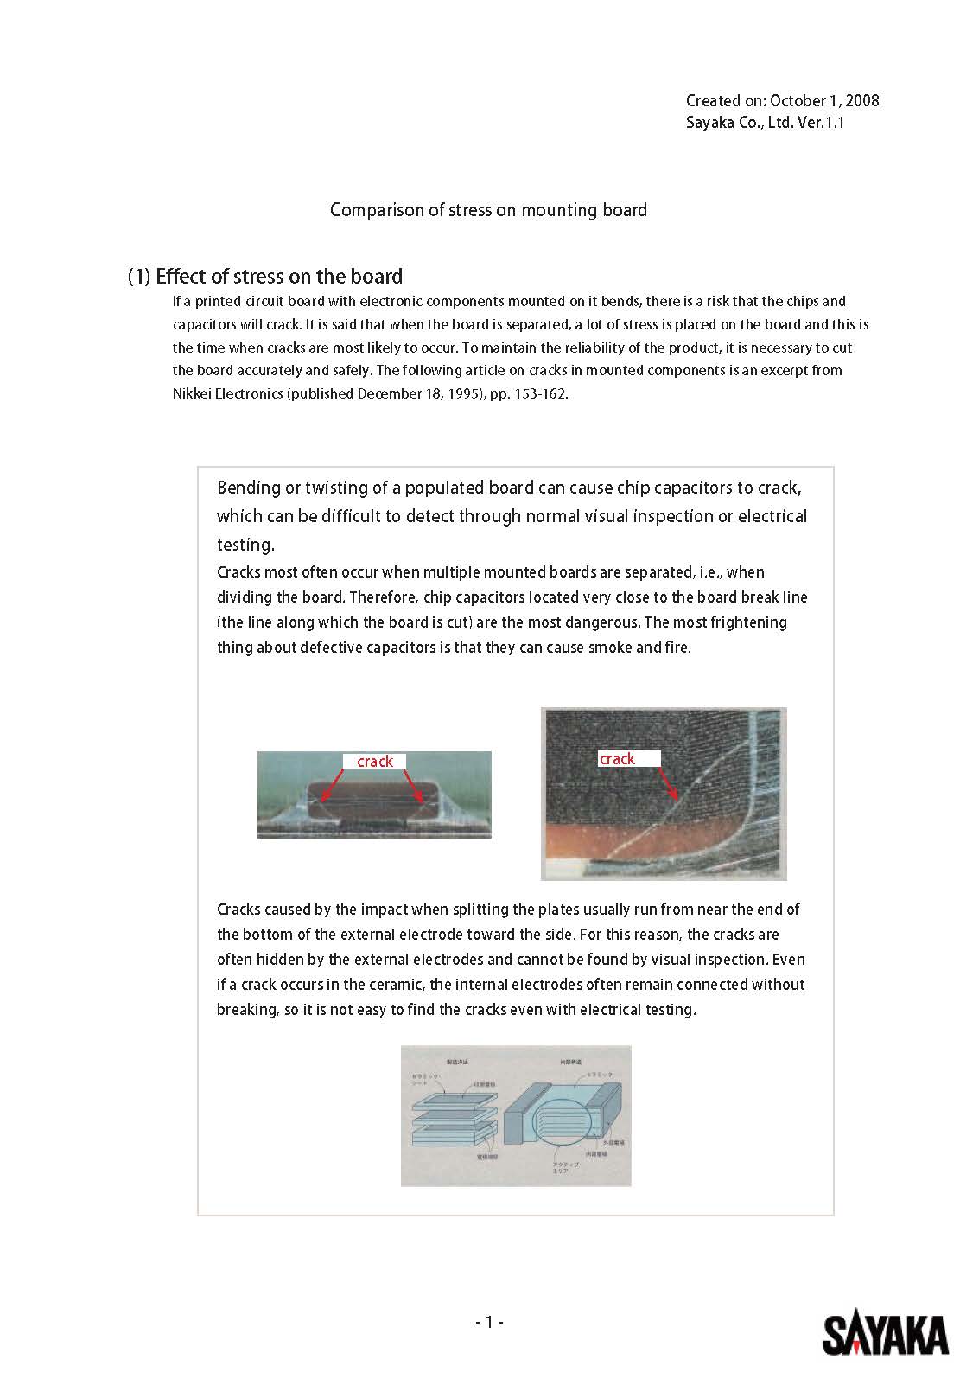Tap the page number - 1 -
pyautogui.click(x=489, y=1321)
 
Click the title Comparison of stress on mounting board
pyautogui.click(x=488, y=210)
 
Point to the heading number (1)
pyautogui.click(x=139, y=277)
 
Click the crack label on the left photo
pyautogui.click(x=375, y=761)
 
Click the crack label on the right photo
pyautogui.click(x=617, y=758)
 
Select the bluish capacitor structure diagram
pyautogui.click(x=516, y=1115)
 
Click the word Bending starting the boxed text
pyautogui.click(x=249, y=488)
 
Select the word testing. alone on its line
pyautogui.click(x=245, y=545)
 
